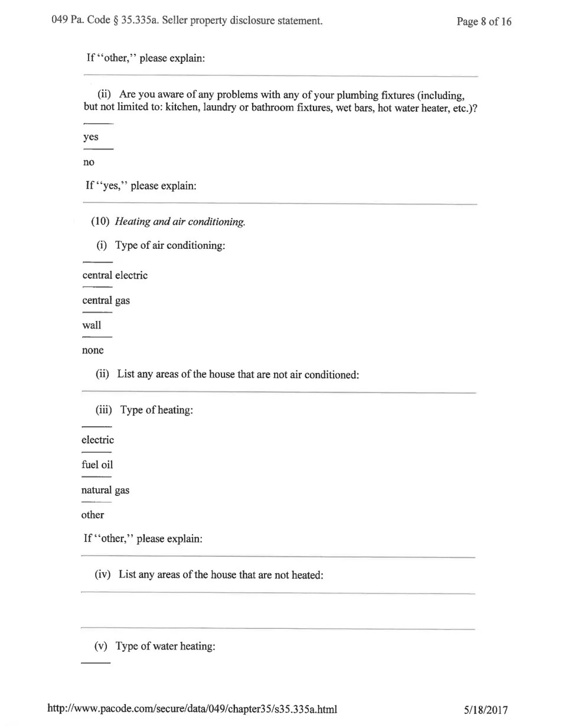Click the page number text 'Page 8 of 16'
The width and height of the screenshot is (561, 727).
tap(484, 22)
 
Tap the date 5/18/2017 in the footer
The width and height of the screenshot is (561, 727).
tap(486, 710)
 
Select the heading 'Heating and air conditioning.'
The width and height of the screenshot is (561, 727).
tap(180, 222)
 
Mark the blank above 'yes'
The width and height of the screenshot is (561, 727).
tap(98, 124)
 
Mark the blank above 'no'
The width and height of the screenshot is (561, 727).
tap(98, 150)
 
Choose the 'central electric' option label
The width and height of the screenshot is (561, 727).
tap(115, 275)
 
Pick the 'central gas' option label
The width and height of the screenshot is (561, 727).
tap(106, 300)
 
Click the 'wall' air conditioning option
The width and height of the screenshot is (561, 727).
tap(92, 325)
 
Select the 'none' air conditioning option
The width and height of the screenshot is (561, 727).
tap(93, 350)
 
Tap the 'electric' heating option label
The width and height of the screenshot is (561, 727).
tap(97, 440)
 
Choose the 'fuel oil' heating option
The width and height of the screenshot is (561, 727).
tap(97, 465)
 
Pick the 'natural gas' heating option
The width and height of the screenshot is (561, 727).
tap(105, 490)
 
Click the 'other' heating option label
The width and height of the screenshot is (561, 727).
tap(93, 515)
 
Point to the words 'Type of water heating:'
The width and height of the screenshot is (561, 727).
tap(165, 646)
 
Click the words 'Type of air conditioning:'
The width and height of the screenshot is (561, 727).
tap(170, 246)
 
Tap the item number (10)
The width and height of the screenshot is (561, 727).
tap(100, 222)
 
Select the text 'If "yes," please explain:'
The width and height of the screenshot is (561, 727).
tap(141, 186)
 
